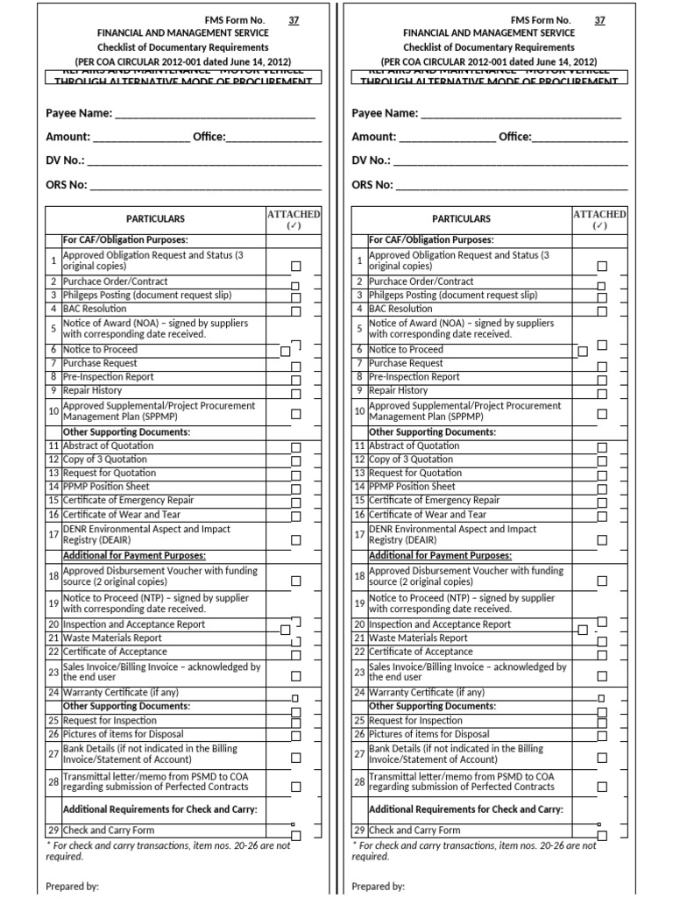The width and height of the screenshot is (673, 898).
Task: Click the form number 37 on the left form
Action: [294, 20]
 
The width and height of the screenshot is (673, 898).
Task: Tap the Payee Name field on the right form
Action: [521, 114]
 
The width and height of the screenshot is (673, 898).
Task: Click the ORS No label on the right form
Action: [372, 185]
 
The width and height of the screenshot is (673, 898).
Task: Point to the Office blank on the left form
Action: [274, 138]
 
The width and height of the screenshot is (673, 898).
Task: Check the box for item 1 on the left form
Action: [295, 266]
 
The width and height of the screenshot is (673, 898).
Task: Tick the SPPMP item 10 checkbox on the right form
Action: [601, 413]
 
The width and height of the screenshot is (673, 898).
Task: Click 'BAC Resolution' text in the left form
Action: [94, 309]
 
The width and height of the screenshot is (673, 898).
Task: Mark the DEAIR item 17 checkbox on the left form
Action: [295, 540]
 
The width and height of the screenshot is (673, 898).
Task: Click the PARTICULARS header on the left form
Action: [155, 218]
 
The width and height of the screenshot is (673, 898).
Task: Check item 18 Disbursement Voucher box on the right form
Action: [601, 581]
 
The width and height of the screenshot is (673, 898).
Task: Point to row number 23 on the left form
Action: [53, 673]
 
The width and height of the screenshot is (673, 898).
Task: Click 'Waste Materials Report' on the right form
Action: [418, 638]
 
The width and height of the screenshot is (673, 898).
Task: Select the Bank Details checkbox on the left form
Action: [295, 758]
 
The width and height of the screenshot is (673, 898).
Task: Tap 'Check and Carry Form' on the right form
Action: [414, 830]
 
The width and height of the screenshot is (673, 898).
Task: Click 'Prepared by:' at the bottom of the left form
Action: [72, 887]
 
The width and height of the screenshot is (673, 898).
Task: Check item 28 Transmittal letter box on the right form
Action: [601, 787]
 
